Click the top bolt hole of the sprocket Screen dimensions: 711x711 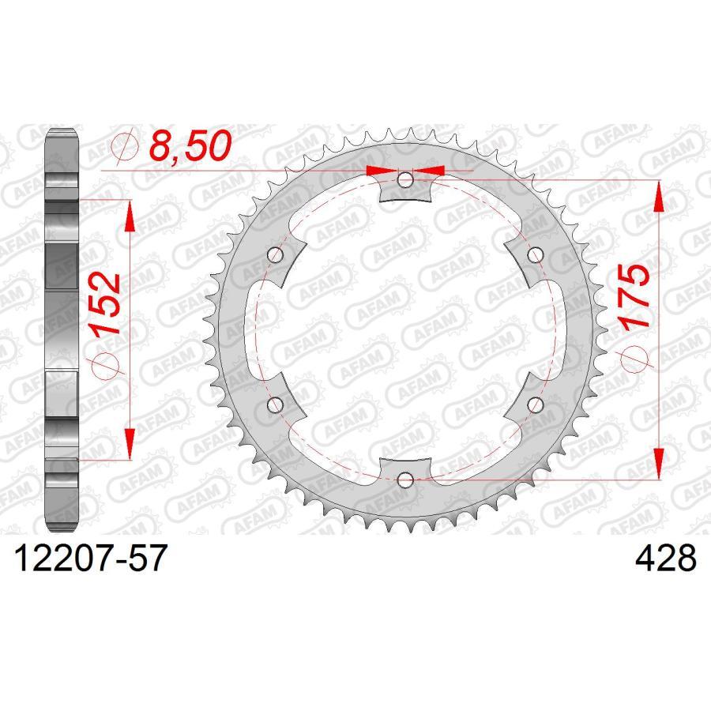405,181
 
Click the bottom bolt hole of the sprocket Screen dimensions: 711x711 405,479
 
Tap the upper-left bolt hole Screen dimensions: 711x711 276,255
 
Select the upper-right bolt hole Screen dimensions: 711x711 536,254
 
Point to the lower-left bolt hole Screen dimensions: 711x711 276,404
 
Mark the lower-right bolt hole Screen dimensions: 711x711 536,404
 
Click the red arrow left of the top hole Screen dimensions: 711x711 381,169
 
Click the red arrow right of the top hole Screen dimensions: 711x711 431,169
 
